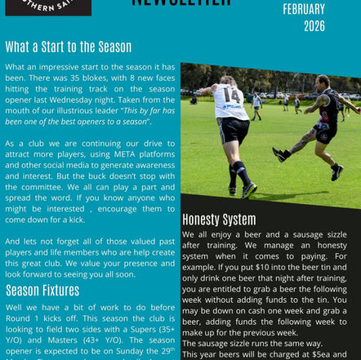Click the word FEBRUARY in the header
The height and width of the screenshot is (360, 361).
(304, 10)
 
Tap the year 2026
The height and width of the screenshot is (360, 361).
(314, 26)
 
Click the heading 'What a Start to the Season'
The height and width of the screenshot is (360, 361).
(68, 47)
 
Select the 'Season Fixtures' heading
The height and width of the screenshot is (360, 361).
(42, 290)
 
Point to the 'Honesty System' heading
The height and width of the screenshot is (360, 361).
(219, 220)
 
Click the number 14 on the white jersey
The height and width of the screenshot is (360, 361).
(231, 96)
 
